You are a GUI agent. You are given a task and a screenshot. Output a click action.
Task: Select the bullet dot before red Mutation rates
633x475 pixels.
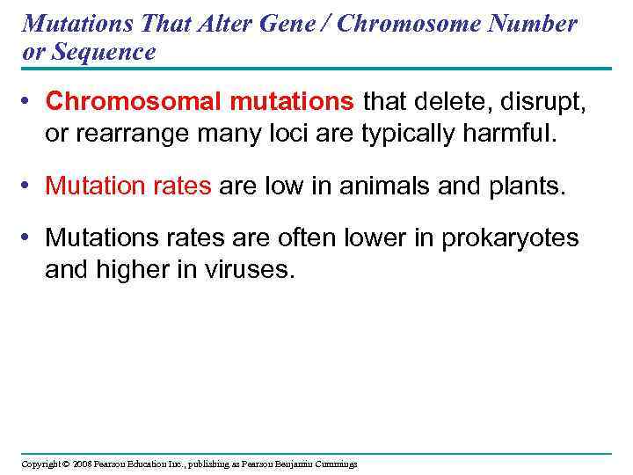click(29, 186)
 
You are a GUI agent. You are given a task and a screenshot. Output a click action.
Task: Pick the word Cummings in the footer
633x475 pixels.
click(334, 464)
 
